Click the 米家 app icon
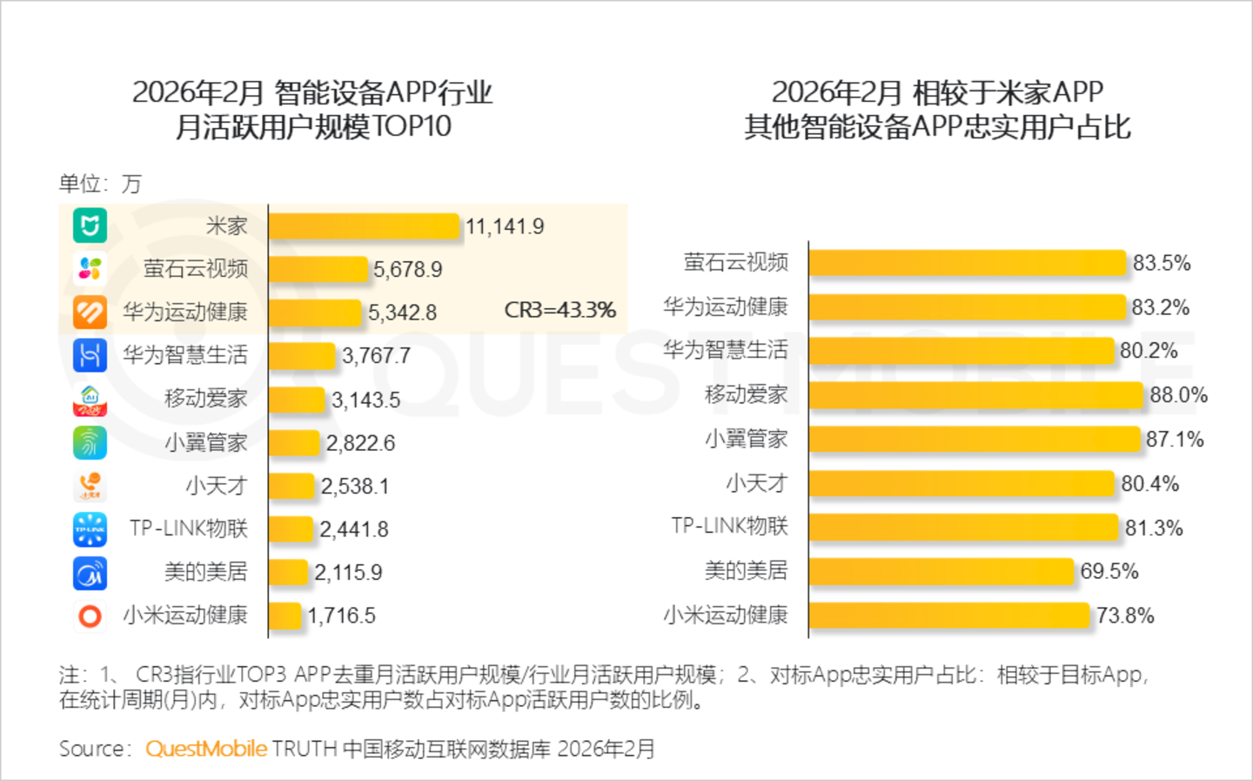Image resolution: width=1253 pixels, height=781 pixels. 90,226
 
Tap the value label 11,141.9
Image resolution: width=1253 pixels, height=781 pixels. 505,226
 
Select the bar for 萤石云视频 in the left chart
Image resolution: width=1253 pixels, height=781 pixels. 318,269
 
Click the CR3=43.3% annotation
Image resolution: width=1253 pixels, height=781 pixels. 559,310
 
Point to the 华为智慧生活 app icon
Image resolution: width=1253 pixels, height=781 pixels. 90,355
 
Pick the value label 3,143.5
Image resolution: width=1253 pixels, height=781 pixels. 365,400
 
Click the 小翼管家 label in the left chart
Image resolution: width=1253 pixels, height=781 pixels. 206,442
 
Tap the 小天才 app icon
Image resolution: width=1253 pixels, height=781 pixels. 90,485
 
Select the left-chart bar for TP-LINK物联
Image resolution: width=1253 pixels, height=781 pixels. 291,529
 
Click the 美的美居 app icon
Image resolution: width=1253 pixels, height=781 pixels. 90,573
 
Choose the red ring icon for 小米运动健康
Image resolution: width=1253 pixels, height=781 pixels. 90,616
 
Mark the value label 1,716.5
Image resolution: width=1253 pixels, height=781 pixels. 341,616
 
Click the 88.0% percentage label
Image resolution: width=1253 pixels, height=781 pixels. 1178,394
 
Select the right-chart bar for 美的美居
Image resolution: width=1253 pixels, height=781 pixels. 941,571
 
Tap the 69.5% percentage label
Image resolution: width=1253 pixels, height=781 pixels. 1109,571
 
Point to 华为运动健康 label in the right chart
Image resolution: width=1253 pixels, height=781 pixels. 726,306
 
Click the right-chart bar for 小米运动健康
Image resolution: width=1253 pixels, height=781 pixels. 949,616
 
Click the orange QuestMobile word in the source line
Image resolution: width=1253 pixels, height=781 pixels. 206,749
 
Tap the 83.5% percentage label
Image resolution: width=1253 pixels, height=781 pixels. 1161,263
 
